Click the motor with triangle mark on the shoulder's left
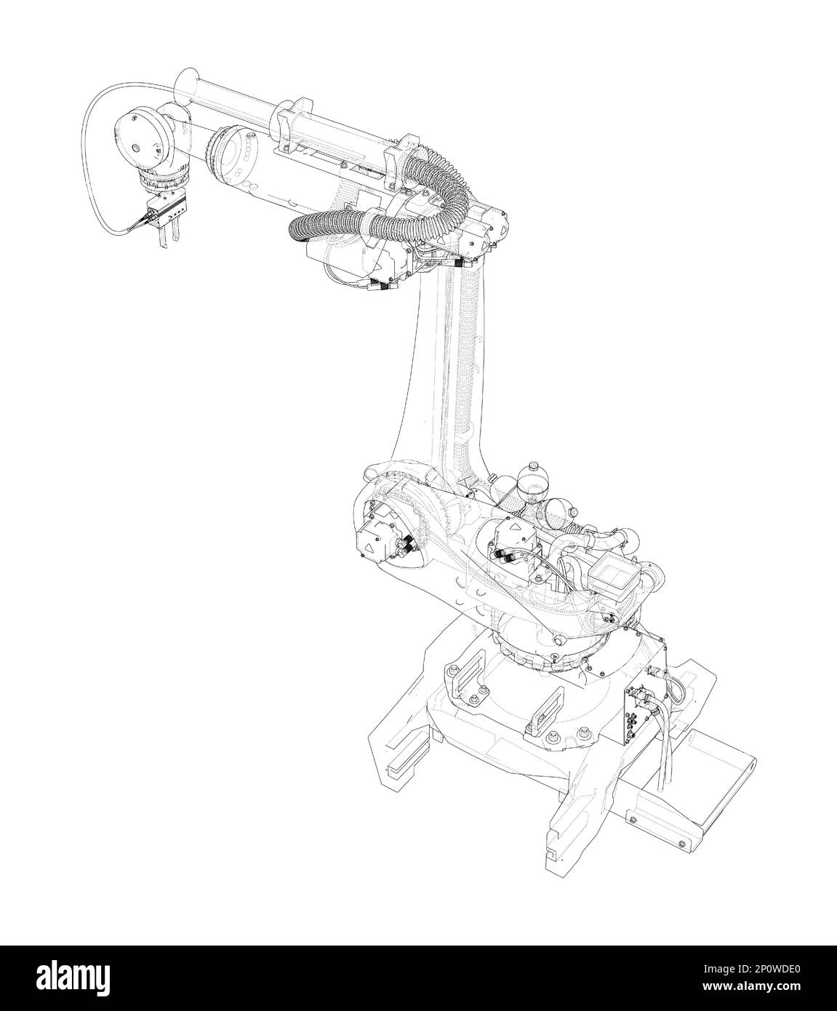(x=372, y=535)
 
